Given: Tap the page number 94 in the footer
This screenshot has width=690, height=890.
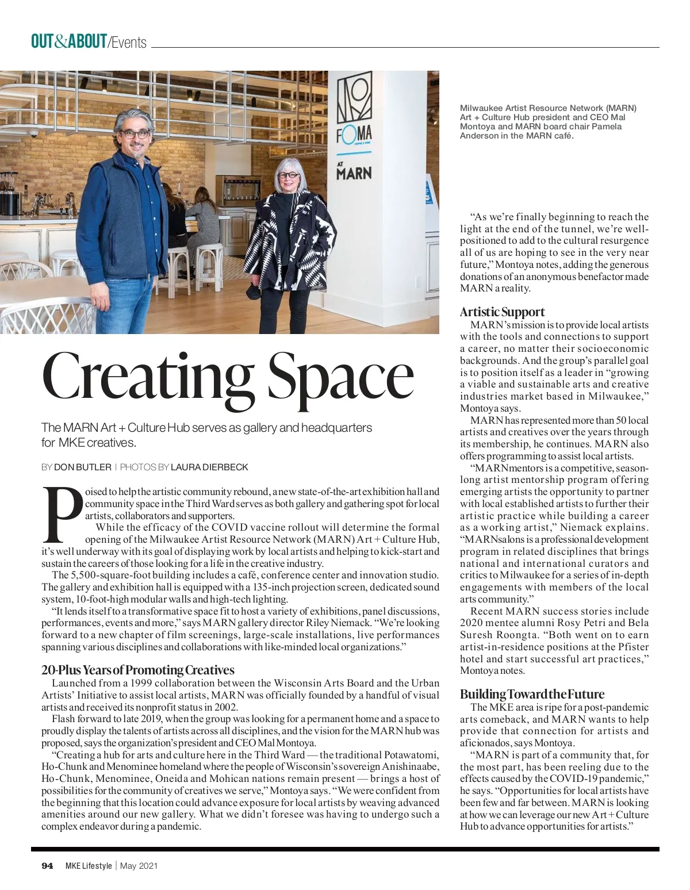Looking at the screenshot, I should [47, 866].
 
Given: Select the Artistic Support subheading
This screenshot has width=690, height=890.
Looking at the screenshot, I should [502, 312].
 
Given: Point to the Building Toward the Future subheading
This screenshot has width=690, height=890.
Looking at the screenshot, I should [532, 694].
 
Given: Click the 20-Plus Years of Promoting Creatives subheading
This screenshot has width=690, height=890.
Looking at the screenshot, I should [138, 670].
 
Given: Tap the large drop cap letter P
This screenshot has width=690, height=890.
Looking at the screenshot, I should [62, 516].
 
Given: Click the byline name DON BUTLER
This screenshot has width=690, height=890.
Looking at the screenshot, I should [82, 467].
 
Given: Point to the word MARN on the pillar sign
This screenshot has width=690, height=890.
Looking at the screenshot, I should [354, 172].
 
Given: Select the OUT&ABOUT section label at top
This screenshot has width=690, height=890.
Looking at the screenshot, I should [69, 42].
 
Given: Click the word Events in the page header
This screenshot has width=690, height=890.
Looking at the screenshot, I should [129, 43].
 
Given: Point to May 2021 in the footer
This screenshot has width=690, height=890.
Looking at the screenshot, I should [139, 866].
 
